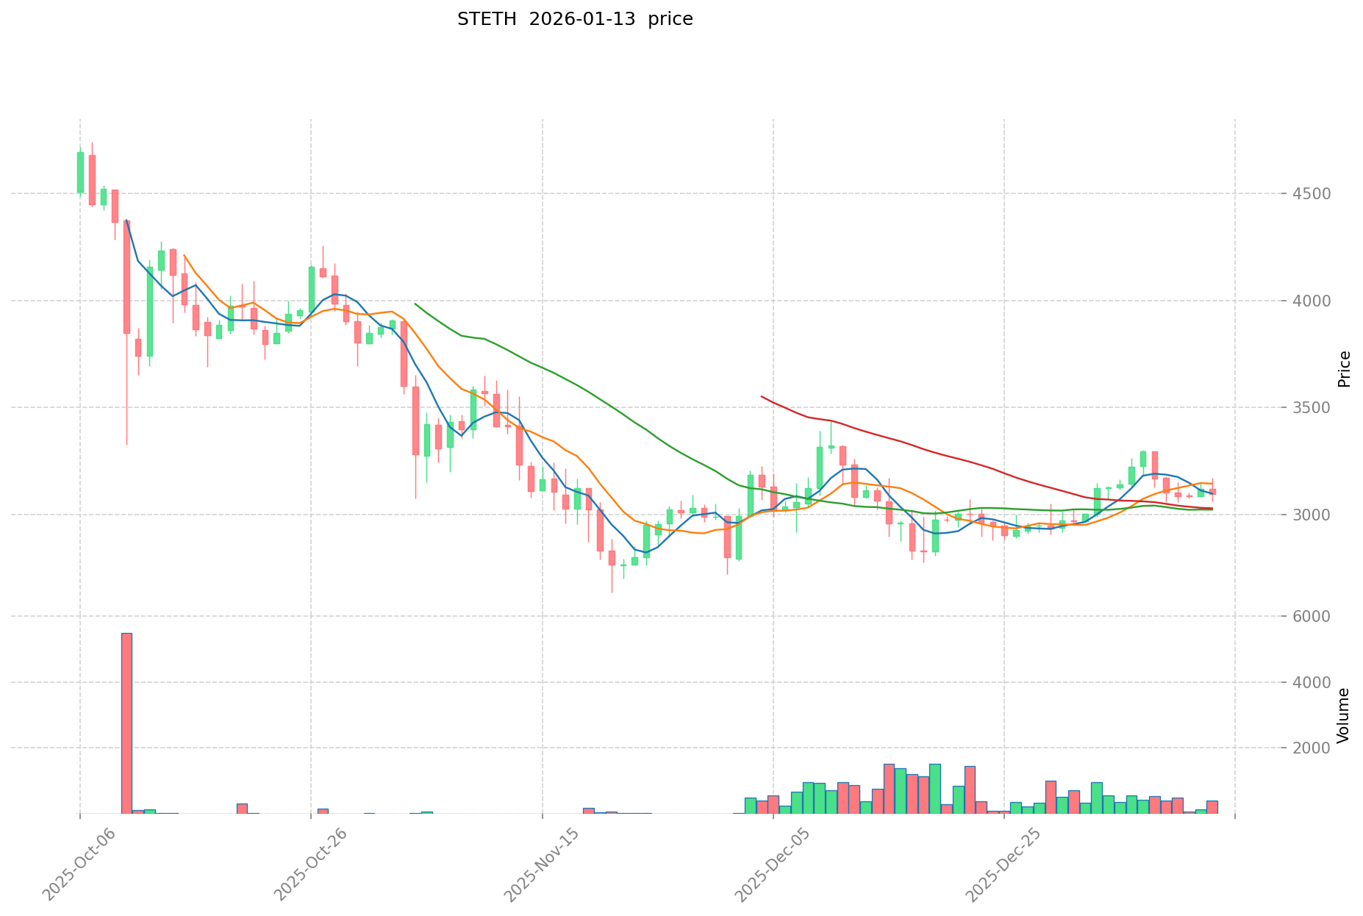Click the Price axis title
[x=1344, y=369]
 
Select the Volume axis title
[x=1344, y=715]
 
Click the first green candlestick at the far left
[x=80, y=172]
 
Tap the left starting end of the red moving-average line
[x=762, y=396]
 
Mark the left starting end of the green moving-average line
[x=415, y=303]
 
